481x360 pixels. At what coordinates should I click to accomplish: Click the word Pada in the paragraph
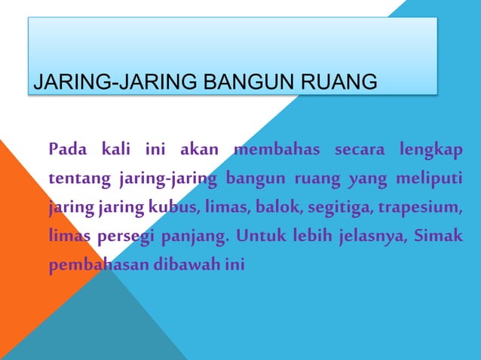click(x=66, y=149)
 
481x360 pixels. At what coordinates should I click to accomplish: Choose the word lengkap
click(x=431, y=149)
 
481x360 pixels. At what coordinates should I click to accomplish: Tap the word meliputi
click(x=431, y=178)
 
